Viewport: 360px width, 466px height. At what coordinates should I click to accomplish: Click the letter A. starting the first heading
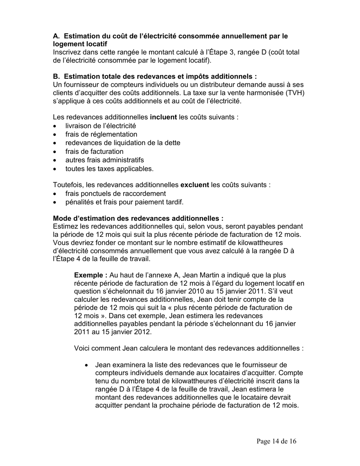pyautogui.click(x=56, y=36)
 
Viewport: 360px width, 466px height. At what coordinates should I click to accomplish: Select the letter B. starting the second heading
pyautogui.click(x=56, y=76)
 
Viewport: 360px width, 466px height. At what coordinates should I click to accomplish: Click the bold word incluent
pyautogui.click(x=163, y=117)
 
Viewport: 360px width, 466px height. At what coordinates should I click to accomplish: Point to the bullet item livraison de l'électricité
pyautogui.click(x=100, y=126)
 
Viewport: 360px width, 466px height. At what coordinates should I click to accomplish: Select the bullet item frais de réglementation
pyautogui.click(x=101, y=134)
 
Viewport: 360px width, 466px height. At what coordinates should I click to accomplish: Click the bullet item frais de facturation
pyautogui.click(x=94, y=152)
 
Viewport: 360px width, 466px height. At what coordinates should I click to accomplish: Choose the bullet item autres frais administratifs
pyautogui.click(x=105, y=160)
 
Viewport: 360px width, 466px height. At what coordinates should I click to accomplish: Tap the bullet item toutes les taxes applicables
pyautogui.click(x=110, y=169)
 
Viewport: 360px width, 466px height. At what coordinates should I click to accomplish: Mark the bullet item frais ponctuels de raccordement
pyautogui.click(x=116, y=194)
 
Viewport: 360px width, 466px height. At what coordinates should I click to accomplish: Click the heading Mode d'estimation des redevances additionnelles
pyautogui.click(x=138, y=219)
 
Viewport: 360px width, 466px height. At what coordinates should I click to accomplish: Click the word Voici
pyautogui.click(x=82, y=348)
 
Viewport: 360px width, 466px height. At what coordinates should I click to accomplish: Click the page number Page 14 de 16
pyautogui.click(x=276, y=441)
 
